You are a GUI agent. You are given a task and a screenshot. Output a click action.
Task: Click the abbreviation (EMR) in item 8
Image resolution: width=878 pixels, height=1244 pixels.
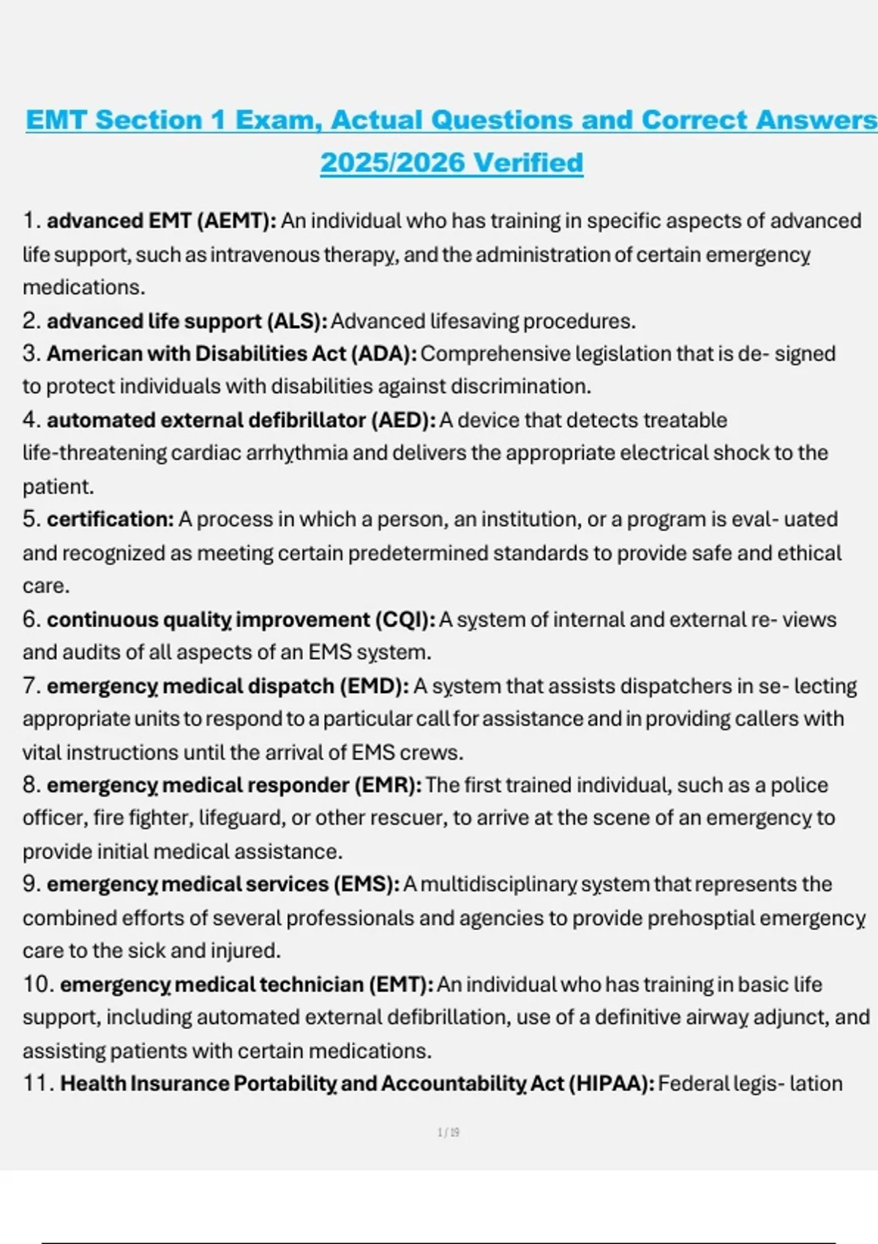(x=388, y=785)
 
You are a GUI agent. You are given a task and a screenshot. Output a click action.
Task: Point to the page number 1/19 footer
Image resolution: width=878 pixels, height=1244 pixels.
(x=449, y=1133)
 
